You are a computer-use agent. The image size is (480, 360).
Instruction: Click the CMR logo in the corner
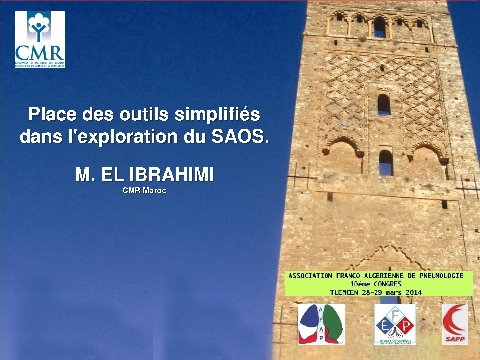point(40,39)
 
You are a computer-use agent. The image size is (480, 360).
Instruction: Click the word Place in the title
point(52,114)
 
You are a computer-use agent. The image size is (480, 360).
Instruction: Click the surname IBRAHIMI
point(171,174)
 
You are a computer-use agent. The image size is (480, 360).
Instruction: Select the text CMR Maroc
point(144,191)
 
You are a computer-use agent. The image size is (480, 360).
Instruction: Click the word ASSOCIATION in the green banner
point(310,276)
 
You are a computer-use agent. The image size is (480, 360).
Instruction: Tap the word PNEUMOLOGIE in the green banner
point(441,276)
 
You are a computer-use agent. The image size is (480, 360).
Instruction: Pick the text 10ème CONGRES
point(376,284)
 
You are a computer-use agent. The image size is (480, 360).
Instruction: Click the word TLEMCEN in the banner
point(344,293)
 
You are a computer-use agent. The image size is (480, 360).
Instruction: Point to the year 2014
point(414,293)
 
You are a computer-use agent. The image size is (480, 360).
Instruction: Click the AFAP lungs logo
point(321,324)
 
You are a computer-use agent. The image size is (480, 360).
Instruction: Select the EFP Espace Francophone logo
point(395,324)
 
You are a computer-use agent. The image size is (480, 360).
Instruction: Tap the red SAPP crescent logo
point(455,324)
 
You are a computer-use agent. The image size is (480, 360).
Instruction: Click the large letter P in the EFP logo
point(406,325)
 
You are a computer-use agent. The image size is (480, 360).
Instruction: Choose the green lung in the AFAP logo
point(333,322)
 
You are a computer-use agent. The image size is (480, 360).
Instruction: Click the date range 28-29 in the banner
point(372,293)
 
